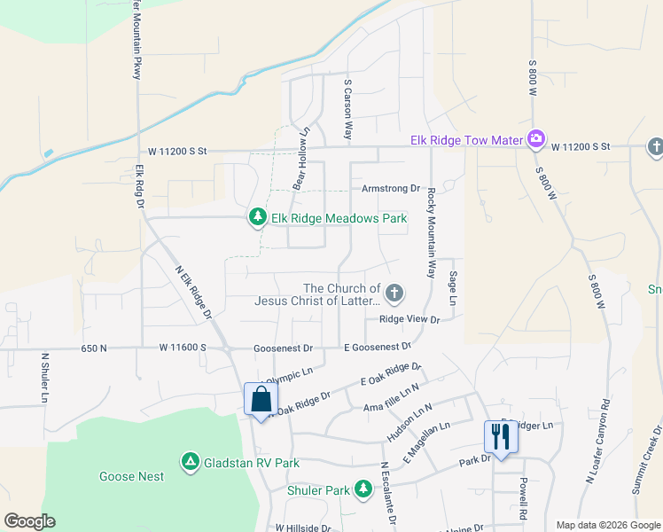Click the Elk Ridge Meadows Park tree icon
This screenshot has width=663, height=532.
pyautogui.click(x=257, y=217)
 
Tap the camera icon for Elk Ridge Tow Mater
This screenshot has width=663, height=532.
pyautogui.click(x=535, y=139)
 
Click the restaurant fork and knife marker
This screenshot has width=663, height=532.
pyautogui.click(x=499, y=437)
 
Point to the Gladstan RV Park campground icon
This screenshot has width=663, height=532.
pyautogui.click(x=190, y=462)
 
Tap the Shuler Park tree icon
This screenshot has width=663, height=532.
pyautogui.click(x=363, y=489)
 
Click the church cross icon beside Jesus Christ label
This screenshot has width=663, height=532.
pyautogui.click(x=395, y=292)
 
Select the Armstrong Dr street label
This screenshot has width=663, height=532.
pyautogui.click(x=390, y=189)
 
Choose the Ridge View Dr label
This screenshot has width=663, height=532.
pyautogui.click(x=409, y=319)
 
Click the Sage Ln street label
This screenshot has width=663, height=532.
pyautogui.click(x=452, y=289)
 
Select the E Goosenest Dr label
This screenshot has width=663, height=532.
pyautogui.click(x=378, y=348)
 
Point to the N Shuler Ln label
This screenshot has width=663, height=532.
pyautogui.click(x=43, y=379)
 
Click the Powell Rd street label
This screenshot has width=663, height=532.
pyautogui.click(x=524, y=499)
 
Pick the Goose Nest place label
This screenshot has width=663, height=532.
pyautogui.click(x=138, y=476)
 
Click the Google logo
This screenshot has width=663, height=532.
pyautogui.click(x=30, y=521)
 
